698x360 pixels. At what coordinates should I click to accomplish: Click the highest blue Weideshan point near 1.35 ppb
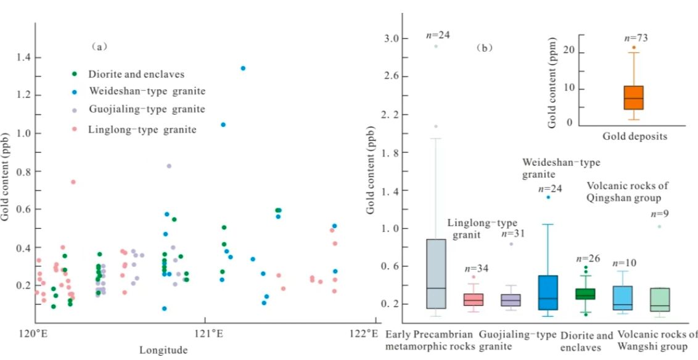pyautogui.click(x=243, y=68)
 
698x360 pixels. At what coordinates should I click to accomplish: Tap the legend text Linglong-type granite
pyautogui.click(x=142, y=129)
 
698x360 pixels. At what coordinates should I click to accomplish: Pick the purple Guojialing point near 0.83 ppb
pyautogui.click(x=169, y=166)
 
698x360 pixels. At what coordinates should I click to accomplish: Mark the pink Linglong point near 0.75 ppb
pyautogui.click(x=73, y=182)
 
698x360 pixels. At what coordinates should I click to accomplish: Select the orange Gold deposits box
pyautogui.click(x=633, y=97)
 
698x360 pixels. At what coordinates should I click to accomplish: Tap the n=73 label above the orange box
pyautogui.click(x=635, y=38)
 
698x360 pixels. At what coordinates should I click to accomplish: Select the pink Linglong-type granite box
pyautogui.click(x=474, y=300)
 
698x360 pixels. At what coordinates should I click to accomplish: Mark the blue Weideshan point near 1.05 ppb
pyautogui.click(x=223, y=125)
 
